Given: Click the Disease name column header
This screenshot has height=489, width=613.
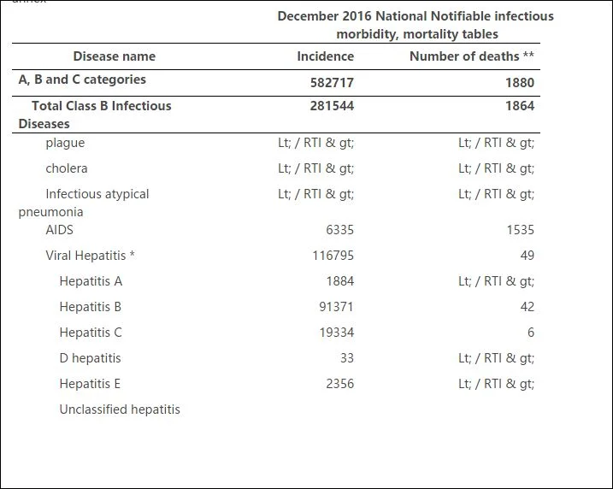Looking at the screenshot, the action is click(115, 56).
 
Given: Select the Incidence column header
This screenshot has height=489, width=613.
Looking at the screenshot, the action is click(325, 56).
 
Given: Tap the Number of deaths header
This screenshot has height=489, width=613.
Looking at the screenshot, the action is click(471, 56).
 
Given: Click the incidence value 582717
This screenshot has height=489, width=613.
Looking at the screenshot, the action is click(332, 82).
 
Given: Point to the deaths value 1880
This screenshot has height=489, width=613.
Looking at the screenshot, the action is click(520, 82).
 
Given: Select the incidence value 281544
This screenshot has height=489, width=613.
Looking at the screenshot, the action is click(332, 105).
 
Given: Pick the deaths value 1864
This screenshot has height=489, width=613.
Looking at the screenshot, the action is click(520, 105).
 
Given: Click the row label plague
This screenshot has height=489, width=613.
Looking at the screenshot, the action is click(65, 143).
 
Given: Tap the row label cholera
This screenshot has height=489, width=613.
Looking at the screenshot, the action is click(67, 168).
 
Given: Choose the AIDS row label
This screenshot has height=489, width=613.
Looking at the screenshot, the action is click(60, 230).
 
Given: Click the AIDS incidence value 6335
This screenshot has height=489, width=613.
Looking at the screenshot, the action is click(339, 230).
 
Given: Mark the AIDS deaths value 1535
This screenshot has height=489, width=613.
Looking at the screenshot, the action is click(521, 230).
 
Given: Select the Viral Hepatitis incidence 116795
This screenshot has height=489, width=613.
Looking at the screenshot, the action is click(333, 256).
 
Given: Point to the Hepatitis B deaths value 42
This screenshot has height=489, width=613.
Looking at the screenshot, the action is click(527, 307).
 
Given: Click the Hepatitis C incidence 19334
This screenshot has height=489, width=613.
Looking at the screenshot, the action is click(337, 333).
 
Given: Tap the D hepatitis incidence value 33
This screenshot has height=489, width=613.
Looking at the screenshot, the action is click(347, 358).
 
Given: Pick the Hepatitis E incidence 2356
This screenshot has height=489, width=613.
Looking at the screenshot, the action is click(339, 384).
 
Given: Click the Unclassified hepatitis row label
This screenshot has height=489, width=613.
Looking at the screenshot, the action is click(120, 409).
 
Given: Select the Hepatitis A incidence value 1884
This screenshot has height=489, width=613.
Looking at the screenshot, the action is click(340, 281).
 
